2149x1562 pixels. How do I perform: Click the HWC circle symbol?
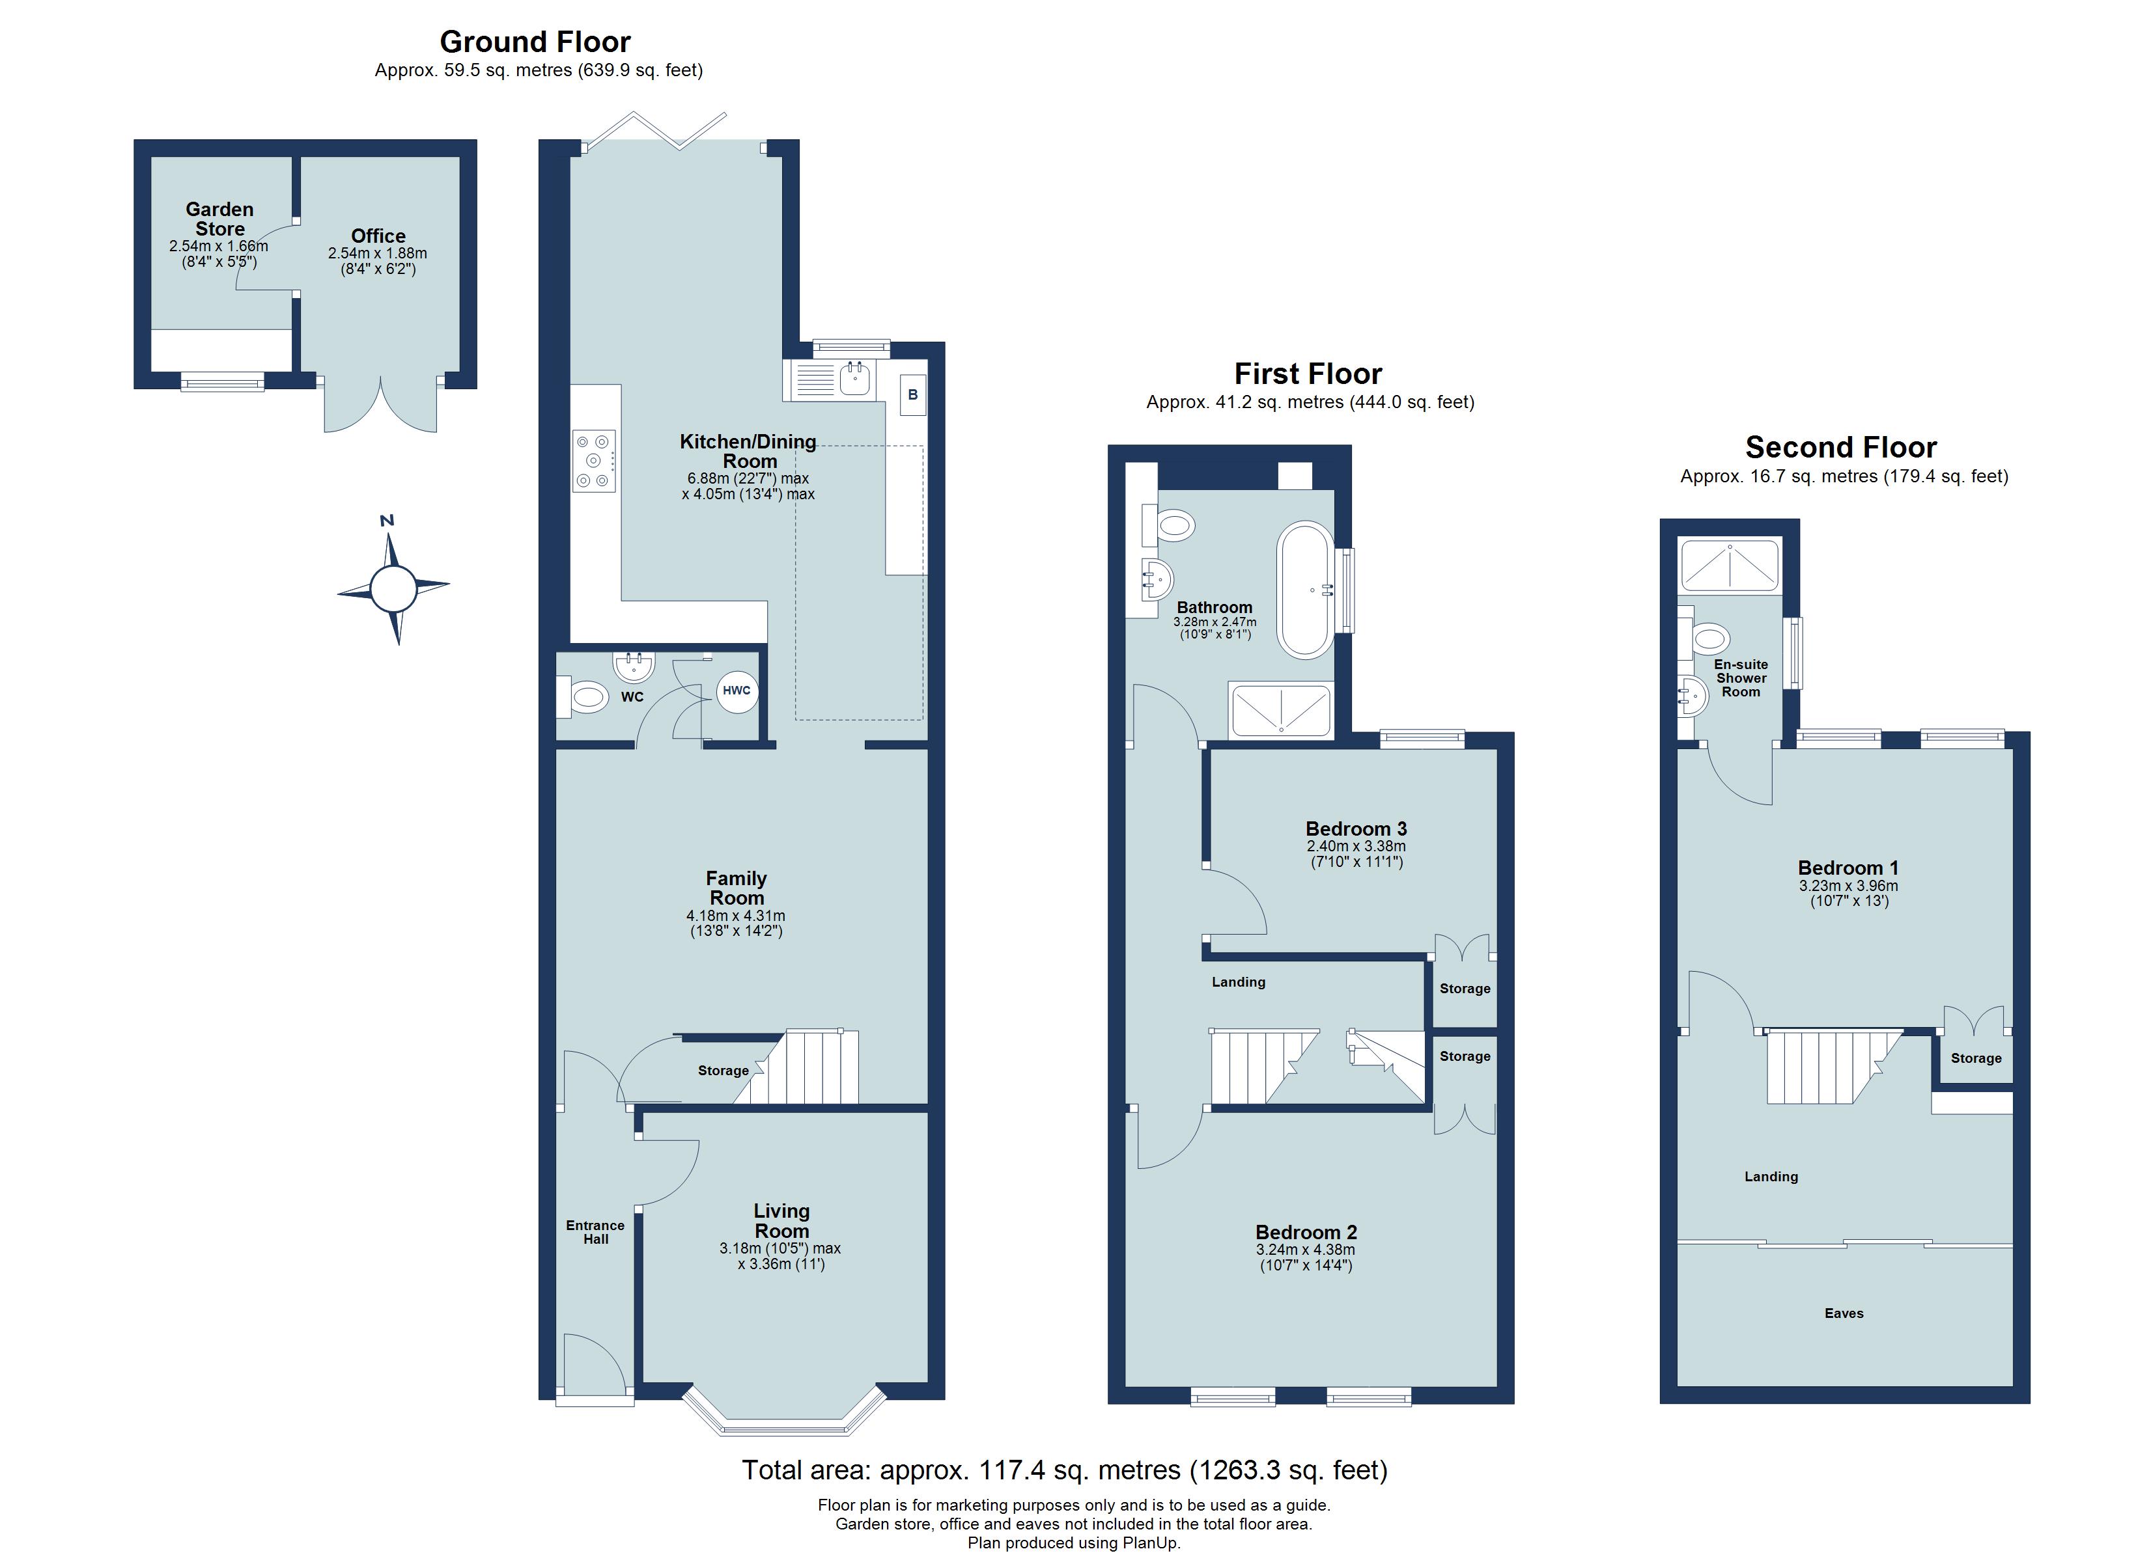737,691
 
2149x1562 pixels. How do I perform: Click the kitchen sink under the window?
854,379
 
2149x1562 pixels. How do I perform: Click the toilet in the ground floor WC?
587,698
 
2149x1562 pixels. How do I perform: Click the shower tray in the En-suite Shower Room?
1729,566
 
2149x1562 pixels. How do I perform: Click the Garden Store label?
220,219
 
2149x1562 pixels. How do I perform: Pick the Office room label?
378,236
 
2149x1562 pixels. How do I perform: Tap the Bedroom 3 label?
1355,829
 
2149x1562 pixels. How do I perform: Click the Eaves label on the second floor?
1844,1313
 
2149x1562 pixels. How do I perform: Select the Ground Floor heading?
535,42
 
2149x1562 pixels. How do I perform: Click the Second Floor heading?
1840,447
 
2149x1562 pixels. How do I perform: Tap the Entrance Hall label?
595,1231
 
